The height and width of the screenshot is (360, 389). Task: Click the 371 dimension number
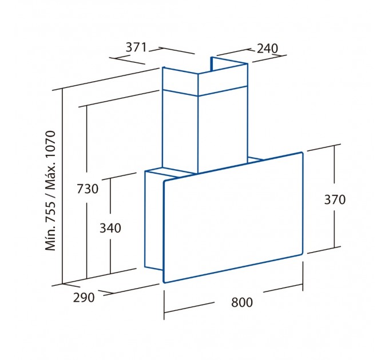[x=136, y=47]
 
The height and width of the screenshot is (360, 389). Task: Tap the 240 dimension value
[x=267, y=49]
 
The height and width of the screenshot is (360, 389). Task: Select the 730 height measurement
[x=88, y=189]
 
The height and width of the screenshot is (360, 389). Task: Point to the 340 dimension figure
[x=110, y=228]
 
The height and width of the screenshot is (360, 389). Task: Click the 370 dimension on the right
[x=335, y=199]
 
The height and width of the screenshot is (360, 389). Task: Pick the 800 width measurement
[x=242, y=302]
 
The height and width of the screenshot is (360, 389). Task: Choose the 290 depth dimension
[x=84, y=297]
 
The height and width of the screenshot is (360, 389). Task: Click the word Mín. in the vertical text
[x=50, y=239]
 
